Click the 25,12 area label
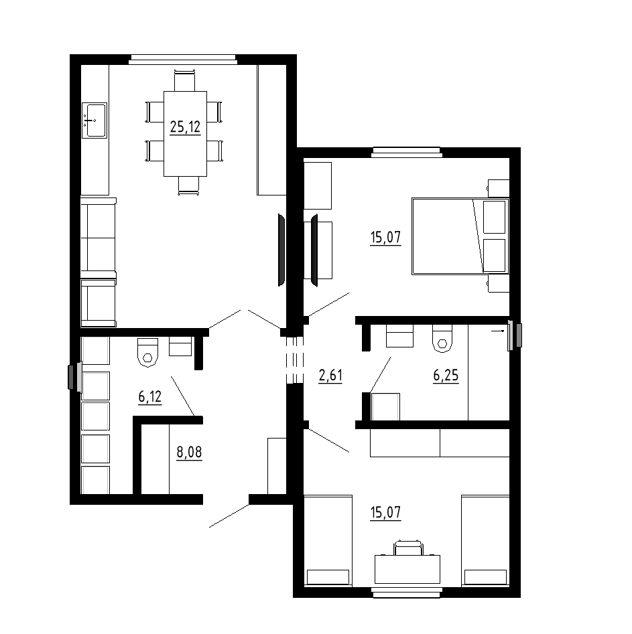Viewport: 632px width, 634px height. [185, 127]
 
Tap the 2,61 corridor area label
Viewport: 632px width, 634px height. [330, 376]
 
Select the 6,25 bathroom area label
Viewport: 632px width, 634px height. [446, 376]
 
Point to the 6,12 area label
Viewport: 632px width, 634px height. [150, 397]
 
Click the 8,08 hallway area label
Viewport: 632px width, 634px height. [189, 452]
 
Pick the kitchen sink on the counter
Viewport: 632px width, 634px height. [94, 120]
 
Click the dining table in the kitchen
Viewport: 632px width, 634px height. [185, 134]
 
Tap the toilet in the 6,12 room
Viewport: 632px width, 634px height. [147, 352]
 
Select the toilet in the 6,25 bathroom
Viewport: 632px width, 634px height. [442, 338]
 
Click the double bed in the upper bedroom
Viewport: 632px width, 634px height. [460, 236]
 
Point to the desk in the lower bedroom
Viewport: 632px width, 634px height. [407, 569]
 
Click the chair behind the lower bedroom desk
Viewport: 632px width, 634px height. [408, 548]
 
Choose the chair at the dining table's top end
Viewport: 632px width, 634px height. [184, 80]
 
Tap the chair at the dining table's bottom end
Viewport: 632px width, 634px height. [189, 186]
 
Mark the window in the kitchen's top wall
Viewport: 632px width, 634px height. [183, 60]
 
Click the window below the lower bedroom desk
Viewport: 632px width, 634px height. [407, 592]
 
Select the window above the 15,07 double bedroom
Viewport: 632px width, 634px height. [407, 152]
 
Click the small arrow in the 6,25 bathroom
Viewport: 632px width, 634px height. [497, 331]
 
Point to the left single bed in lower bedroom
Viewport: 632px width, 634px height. [328, 540]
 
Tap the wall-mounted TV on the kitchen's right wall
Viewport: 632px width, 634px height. [281, 250]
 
